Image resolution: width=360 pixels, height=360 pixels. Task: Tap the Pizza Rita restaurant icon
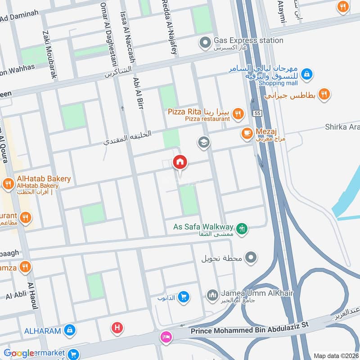point(238,114)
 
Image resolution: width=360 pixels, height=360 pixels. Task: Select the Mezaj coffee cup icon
point(246,133)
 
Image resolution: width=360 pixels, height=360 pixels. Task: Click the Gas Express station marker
point(205,43)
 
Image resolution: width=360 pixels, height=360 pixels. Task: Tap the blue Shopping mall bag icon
point(306,73)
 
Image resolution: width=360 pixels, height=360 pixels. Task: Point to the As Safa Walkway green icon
point(243,229)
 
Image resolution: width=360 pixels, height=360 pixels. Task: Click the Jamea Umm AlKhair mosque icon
point(212,295)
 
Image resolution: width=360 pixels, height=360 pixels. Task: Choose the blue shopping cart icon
point(183,297)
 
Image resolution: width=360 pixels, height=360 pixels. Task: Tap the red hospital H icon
point(117,328)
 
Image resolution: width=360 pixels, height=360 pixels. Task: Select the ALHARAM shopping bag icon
point(69,331)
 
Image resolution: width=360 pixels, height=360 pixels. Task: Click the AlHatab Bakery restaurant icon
point(8,184)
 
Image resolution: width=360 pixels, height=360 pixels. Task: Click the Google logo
point(19,353)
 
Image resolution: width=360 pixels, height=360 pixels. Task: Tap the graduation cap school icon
point(204,143)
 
